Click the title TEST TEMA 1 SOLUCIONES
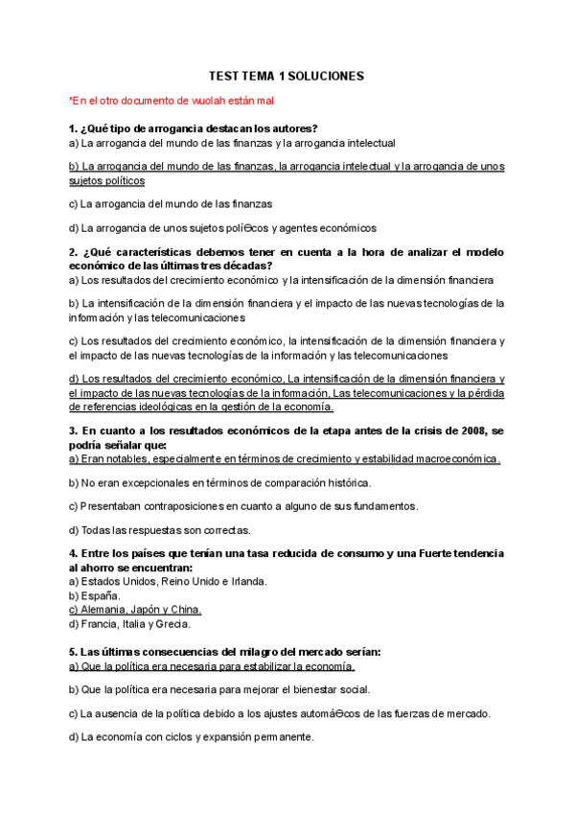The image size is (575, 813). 287,76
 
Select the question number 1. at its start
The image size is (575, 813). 73,128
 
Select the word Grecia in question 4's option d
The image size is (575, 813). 172,624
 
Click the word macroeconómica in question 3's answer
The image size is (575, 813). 451,459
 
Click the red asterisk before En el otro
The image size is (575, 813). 71,99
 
